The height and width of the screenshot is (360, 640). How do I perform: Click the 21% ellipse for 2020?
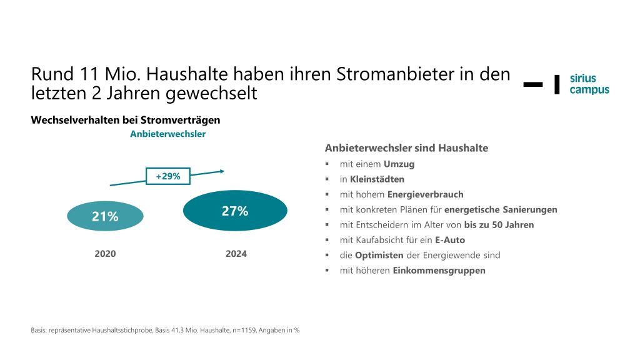pos(105,216)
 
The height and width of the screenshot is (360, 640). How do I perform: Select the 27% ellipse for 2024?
pos(235,211)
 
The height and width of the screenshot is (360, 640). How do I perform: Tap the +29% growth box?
pos(167,176)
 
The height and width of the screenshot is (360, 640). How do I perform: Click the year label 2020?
pos(105,254)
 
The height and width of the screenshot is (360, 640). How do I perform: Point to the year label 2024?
pos(236,254)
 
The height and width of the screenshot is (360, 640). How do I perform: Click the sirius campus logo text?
pos(589,84)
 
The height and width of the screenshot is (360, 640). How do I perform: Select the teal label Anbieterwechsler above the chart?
pos(167,133)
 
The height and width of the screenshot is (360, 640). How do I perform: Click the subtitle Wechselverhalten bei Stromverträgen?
pos(126,119)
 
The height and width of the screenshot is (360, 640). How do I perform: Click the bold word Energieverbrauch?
pos(425,194)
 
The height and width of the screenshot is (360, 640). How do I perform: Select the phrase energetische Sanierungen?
pos(501,209)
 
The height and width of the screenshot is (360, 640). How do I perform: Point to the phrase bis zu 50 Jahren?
pos(499,225)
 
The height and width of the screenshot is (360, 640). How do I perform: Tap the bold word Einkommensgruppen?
pos(439,271)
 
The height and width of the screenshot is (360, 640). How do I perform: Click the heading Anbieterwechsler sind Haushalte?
pos(406,148)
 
